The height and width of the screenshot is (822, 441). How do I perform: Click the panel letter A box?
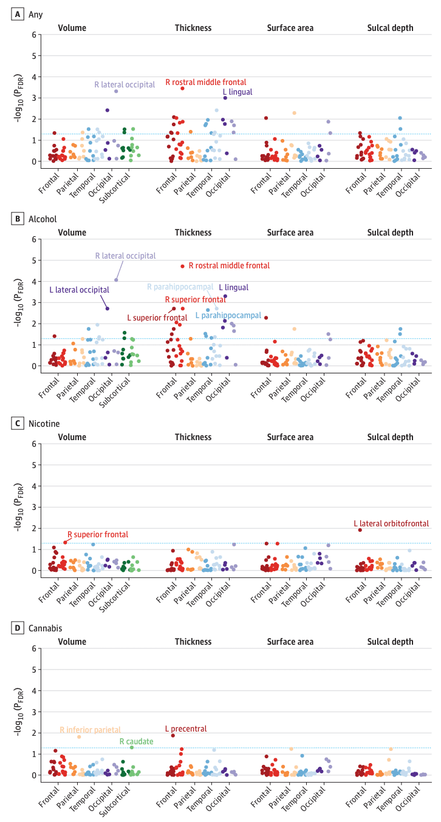(x=17, y=13)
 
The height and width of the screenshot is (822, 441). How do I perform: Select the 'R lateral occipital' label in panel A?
(x=125, y=85)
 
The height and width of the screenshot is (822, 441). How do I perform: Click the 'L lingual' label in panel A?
(x=237, y=92)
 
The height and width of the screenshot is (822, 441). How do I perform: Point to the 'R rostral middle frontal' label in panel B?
(x=229, y=265)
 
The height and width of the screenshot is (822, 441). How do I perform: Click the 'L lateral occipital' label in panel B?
(x=80, y=290)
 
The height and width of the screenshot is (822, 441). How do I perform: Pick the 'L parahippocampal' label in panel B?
(x=228, y=316)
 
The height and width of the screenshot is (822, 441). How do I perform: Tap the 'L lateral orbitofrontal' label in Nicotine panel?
(x=391, y=523)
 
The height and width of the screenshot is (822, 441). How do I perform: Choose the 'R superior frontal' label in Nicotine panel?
(x=98, y=534)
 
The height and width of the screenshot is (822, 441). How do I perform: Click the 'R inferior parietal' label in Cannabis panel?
(x=91, y=730)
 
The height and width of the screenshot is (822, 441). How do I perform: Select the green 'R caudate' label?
(x=136, y=741)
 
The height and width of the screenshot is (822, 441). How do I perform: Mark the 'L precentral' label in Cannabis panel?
(x=186, y=729)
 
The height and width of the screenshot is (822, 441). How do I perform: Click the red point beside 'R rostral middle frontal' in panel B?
(x=182, y=266)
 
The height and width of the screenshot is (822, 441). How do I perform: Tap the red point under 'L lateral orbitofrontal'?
(x=360, y=530)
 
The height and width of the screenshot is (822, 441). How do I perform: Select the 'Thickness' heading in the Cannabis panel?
(x=193, y=642)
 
